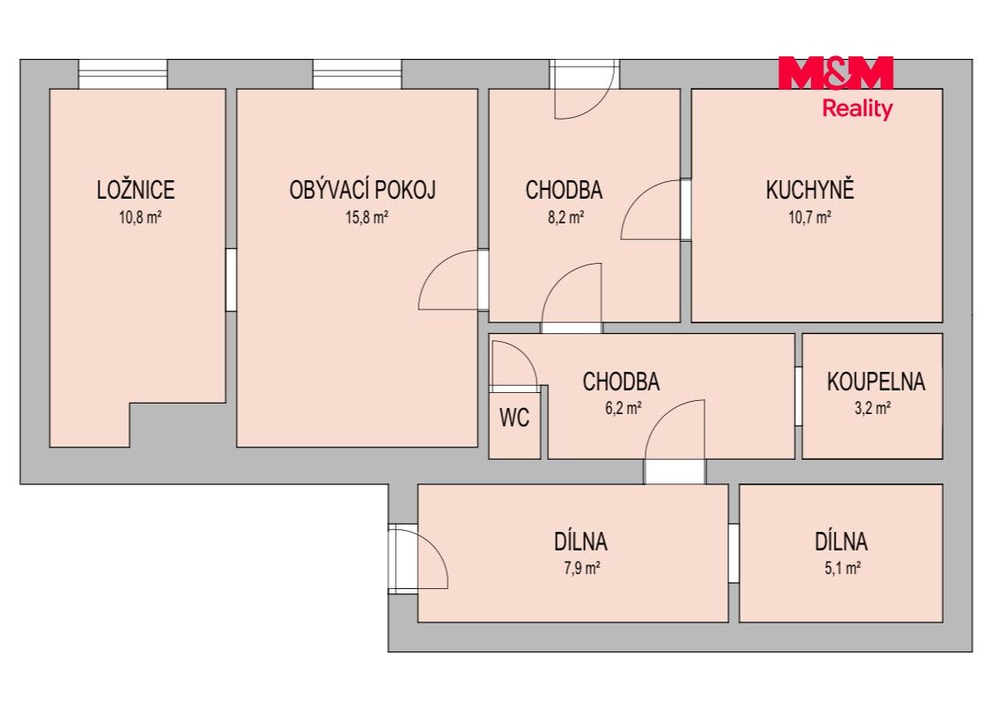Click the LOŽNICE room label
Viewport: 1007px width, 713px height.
[135, 190]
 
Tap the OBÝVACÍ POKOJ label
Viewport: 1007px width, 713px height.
[363, 190]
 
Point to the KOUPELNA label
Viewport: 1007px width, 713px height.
[876, 382]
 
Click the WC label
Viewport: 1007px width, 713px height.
[514, 418]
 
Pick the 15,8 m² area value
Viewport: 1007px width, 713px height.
[368, 217]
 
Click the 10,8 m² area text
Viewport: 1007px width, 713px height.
[140, 217]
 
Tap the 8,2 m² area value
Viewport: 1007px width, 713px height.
[566, 217]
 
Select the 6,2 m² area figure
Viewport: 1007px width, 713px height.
[624, 408]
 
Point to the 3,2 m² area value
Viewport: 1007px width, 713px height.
[872, 408]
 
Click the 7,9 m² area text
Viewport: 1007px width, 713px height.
[582, 568]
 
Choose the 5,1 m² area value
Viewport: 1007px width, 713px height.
[843, 568]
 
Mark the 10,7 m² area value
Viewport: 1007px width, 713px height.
[811, 217]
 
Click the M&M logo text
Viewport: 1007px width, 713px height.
[836, 73]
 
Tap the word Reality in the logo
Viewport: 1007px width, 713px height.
[857, 109]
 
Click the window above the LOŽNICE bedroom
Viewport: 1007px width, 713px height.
[122, 74]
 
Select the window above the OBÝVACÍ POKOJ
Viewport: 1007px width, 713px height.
[358, 74]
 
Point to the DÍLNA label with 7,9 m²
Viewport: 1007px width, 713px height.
[580, 542]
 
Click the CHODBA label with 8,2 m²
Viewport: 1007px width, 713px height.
[564, 190]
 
